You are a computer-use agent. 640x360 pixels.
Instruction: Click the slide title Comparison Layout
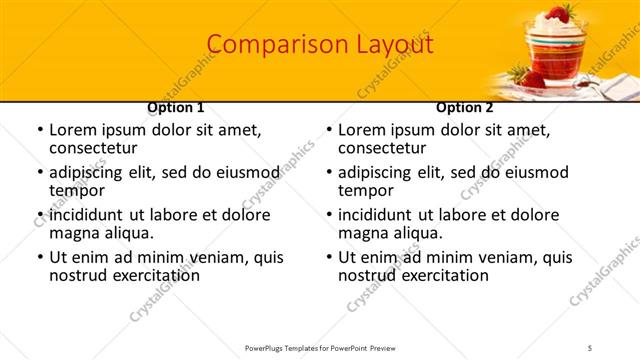coord(320,45)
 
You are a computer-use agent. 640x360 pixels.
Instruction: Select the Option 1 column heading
coord(176,108)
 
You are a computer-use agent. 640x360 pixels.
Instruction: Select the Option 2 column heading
coord(465,108)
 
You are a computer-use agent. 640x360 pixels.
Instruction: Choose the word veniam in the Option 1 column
coord(206,257)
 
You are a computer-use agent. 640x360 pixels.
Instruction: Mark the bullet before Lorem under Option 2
coord(330,131)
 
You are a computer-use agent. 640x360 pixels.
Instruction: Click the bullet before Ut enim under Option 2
coord(330,258)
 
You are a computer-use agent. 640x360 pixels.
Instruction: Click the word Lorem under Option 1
coord(72,130)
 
